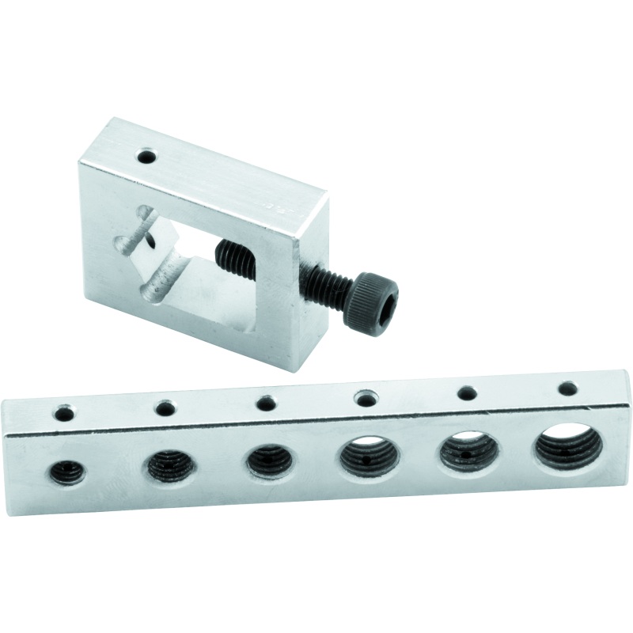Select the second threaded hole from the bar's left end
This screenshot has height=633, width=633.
[165, 464]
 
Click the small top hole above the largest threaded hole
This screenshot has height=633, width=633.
[567, 389]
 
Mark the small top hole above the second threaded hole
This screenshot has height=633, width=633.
[165, 408]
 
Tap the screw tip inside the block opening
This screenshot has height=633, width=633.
[224, 255]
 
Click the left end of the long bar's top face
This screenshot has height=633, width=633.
[24, 411]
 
